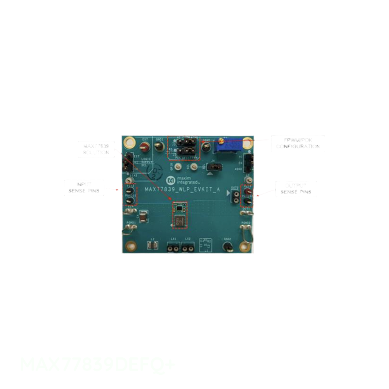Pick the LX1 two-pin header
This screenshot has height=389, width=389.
(173, 248)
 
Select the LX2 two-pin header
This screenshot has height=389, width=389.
(188, 248)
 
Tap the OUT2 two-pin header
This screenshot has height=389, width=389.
(234, 196)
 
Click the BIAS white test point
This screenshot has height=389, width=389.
(129, 180)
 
